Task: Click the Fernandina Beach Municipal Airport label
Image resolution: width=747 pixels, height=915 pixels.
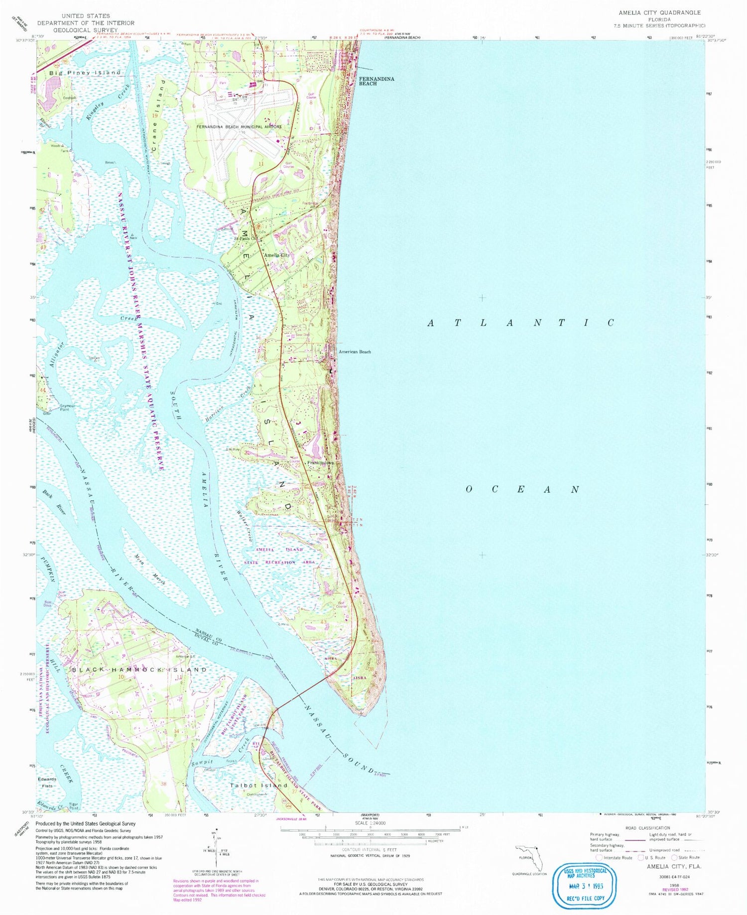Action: point(239,127)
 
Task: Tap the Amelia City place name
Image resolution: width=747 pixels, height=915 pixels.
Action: point(277,255)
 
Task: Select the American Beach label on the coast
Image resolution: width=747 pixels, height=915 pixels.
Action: point(355,352)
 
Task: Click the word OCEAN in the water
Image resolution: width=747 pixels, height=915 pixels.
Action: point(523,489)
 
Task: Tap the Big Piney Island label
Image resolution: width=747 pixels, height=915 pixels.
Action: point(85,73)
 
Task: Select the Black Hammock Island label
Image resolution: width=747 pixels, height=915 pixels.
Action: point(139,670)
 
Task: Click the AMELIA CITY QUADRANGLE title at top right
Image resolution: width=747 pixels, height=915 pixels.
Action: point(659,12)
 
